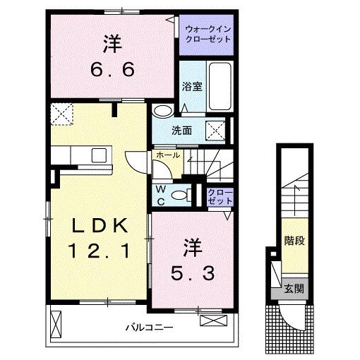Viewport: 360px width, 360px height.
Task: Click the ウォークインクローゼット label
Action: (x=204, y=35)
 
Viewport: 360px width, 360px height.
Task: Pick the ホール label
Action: (x=167, y=155)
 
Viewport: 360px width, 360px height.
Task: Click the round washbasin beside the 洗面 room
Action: (x=163, y=111)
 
